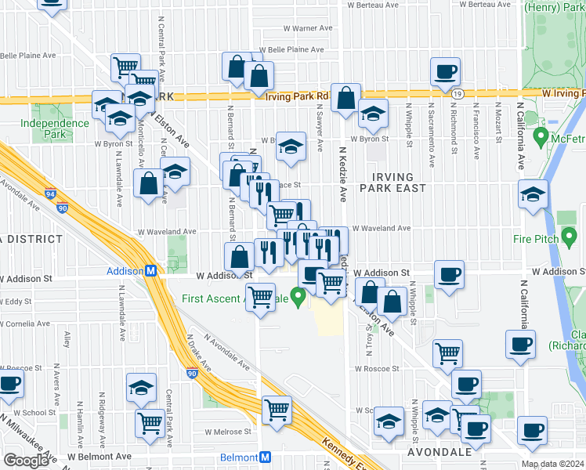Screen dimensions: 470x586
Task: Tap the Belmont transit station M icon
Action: (266, 457)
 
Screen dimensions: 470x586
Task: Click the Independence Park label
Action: (55, 128)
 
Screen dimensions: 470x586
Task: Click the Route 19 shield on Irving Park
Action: (457, 94)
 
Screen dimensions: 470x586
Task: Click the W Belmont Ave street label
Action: (99, 456)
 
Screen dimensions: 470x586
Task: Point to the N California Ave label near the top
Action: (520, 125)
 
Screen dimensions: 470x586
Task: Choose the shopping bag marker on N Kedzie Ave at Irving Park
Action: (345, 98)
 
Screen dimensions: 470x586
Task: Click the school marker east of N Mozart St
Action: (533, 195)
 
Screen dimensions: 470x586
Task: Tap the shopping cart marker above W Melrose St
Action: (277, 409)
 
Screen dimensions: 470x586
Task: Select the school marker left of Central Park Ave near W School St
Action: (141, 387)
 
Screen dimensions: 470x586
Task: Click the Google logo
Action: (26, 461)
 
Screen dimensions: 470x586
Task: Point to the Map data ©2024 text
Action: (552, 464)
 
